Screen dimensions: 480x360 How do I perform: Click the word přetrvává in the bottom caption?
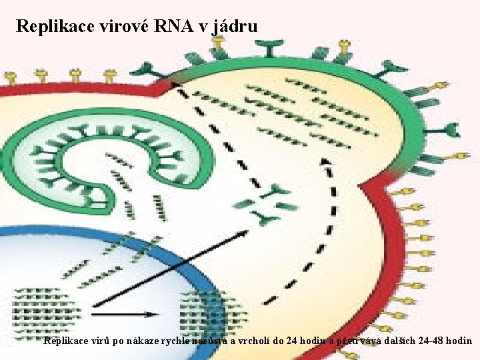point(358,341)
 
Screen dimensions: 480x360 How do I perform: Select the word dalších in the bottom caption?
point(395,341)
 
